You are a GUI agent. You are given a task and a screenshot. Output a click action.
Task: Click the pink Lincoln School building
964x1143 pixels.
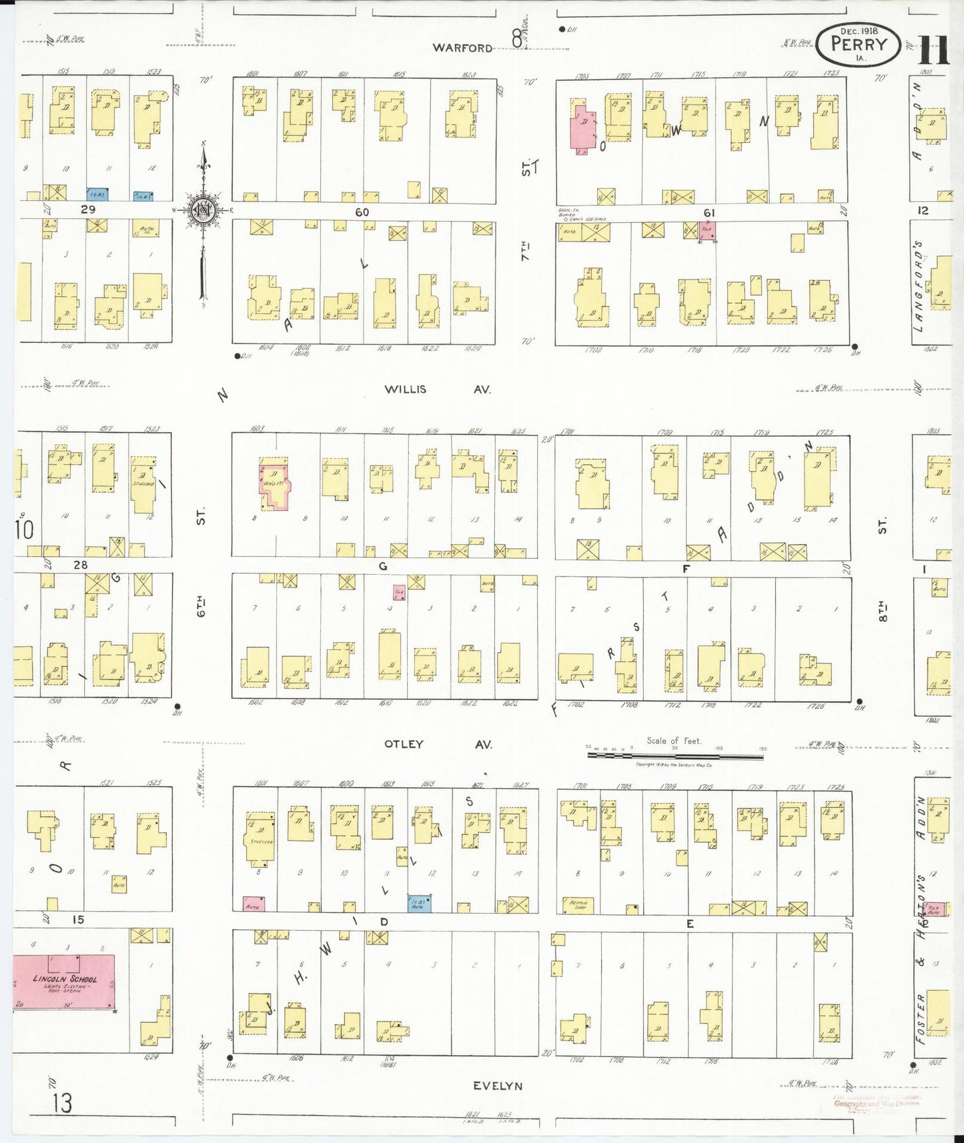64,981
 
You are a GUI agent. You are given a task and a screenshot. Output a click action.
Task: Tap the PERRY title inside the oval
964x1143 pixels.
859,45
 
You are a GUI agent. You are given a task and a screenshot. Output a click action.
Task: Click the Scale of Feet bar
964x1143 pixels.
675,756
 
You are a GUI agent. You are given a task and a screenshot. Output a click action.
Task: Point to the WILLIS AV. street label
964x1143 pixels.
437,389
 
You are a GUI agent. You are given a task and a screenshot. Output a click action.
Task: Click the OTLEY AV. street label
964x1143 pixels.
438,744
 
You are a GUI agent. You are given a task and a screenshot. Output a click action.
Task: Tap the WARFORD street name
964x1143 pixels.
462,47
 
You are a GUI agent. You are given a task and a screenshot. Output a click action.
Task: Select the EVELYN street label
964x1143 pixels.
498,1086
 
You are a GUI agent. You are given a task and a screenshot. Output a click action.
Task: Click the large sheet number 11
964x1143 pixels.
933,50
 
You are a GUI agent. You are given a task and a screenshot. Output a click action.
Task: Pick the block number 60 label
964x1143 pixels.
362,212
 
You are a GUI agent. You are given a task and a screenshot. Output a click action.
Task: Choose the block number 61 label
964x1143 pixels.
708,213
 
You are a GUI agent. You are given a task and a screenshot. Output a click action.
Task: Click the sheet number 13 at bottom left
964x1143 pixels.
62,1103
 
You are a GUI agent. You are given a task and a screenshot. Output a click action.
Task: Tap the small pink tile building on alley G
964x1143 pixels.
399,591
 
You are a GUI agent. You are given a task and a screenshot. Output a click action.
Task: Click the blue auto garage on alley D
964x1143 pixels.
419,904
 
